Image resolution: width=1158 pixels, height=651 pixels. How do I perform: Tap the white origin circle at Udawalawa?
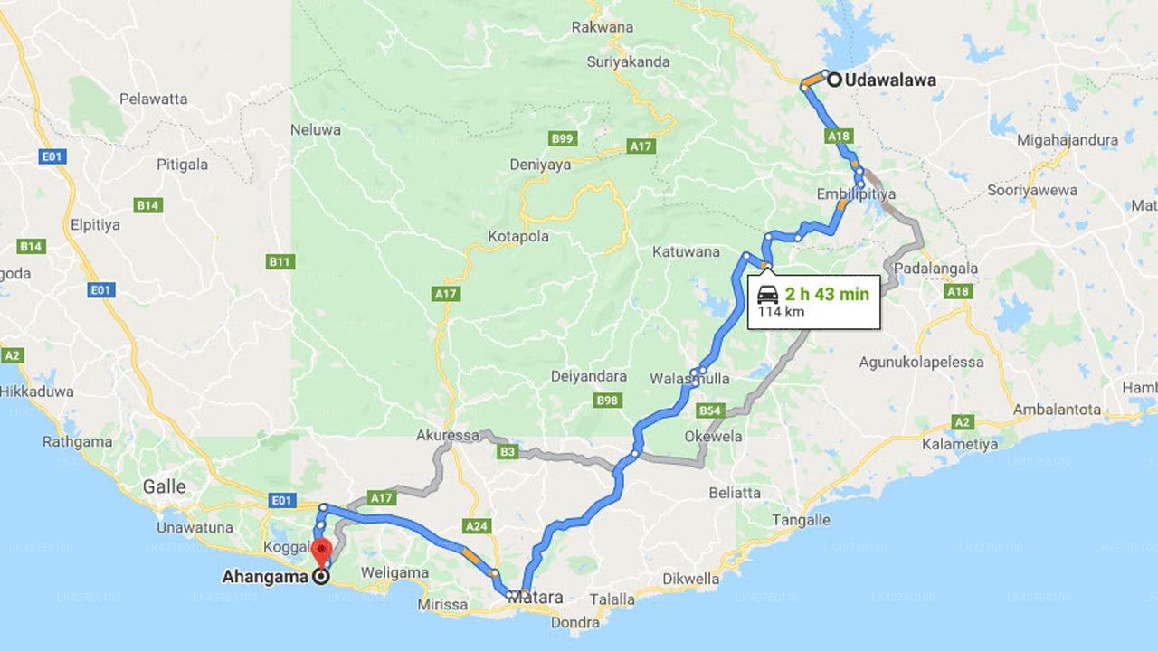(834, 80)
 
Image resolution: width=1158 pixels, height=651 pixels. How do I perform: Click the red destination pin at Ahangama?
(321, 552)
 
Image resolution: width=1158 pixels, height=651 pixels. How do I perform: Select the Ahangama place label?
(266, 576)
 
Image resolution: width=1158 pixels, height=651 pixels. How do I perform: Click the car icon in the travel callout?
(767, 294)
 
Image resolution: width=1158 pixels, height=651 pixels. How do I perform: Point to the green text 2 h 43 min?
(827, 294)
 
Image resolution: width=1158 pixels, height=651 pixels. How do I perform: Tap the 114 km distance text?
(782, 313)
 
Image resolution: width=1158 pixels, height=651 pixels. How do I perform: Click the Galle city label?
(164, 486)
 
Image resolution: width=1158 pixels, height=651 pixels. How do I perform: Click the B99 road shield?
(563, 138)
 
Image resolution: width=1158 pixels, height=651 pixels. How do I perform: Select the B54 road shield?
(711, 411)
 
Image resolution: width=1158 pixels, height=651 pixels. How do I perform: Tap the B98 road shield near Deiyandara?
(608, 400)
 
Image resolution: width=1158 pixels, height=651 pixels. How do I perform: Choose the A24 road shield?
(476, 525)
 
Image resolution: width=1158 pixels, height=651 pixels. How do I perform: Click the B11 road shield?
(280, 262)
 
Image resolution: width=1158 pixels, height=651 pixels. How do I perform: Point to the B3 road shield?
(508, 451)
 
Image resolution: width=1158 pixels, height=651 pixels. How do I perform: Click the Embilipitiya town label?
(856, 194)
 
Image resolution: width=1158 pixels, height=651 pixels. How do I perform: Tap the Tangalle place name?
(801, 520)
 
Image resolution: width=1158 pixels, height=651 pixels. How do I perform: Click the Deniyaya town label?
(540, 165)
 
